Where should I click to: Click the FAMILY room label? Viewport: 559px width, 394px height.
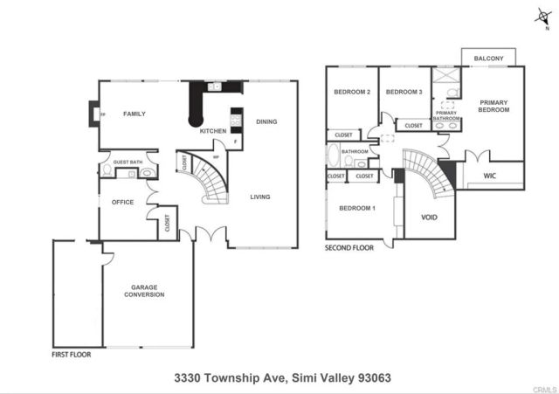click(134, 114)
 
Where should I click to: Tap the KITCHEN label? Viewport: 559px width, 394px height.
click(213, 131)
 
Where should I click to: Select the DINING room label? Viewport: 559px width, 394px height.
click(266, 121)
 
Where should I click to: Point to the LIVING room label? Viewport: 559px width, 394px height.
click(260, 197)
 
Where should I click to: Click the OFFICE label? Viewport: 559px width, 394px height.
click(122, 202)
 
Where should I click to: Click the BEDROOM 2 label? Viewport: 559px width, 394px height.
click(353, 92)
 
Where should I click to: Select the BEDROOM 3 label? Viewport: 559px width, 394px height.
click(404, 92)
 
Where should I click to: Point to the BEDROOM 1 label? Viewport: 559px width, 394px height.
click(356, 208)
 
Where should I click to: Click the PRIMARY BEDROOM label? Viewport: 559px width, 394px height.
click(493, 107)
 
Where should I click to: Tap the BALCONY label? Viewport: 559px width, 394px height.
click(488, 59)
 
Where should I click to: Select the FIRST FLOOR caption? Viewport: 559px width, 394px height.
click(70, 355)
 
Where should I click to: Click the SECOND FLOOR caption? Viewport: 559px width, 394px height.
click(349, 248)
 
